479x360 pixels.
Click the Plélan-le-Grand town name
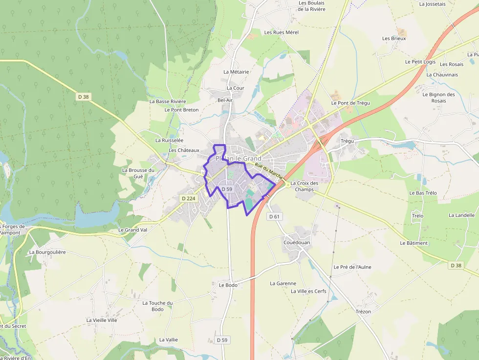pyautogui.click(x=239, y=159)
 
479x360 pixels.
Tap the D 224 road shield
pyautogui.click(x=188, y=198)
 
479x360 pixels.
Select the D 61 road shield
pyautogui.click(x=274, y=216)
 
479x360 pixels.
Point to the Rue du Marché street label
pyautogui.click(x=269, y=171)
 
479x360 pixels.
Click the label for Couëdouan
pyautogui.click(x=297, y=242)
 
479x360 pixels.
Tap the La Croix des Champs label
pyautogui.click(x=305, y=186)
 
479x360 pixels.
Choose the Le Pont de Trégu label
pyautogui.click(x=350, y=103)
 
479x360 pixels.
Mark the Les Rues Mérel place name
pyautogui.click(x=281, y=32)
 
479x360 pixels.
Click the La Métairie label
pyautogui.click(x=236, y=72)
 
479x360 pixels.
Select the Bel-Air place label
pyautogui.click(x=225, y=100)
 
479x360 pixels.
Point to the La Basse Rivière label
pyautogui.click(x=168, y=102)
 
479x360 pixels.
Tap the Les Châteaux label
pyautogui.click(x=184, y=150)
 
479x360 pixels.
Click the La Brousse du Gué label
pyautogui.click(x=138, y=173)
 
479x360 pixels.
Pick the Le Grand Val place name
pyautogui.click(x=132, y=230)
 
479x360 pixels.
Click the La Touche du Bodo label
pyautogui.click(x=157, y=306)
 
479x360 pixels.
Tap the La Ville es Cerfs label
pyautogui.click(x=308, y=291)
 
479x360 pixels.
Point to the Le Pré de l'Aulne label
pyautogui.click(x=352, y=267)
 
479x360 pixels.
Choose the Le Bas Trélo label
pyautogui.click(x=423, y=193)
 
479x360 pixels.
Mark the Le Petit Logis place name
pyautogui.click(x=420, y=62)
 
